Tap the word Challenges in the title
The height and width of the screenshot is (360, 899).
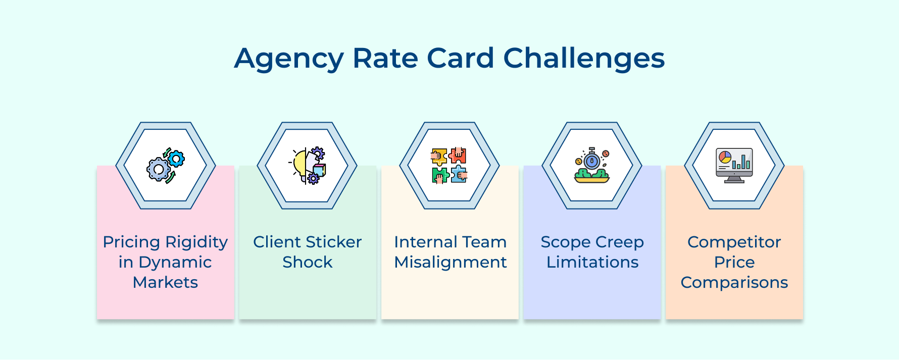pos(584,59)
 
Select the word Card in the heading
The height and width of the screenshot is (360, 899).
pos(461,59)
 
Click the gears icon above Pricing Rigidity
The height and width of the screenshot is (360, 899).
pos(166,166)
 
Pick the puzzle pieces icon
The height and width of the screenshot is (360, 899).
pos(449,166)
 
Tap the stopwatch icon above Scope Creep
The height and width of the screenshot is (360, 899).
pos(592,166)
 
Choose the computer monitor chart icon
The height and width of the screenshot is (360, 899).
pos(734,166)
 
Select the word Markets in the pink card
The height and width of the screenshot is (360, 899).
pos(165,282)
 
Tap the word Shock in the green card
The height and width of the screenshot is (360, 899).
pos(307,262)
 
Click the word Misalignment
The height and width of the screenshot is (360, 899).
pos(450,262)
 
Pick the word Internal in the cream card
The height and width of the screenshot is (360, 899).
pos(424,242)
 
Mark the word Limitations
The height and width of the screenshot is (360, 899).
pos(592,262)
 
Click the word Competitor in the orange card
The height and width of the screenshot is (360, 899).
pos(734,242)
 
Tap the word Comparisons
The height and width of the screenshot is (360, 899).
pos(734,282)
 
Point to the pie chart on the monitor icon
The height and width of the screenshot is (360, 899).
pos(725,157)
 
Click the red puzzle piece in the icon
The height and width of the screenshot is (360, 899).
pos(459,155)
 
